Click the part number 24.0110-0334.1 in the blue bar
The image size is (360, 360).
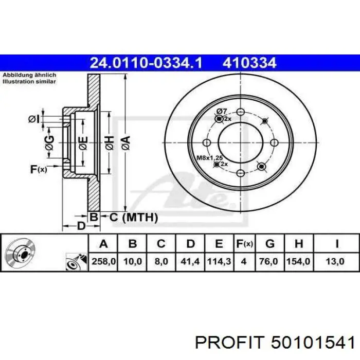click(146, 63)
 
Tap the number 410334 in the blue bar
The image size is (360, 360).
click(249, 63)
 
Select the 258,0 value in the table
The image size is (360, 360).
click(103, 261)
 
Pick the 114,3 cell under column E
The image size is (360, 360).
click(219, 261)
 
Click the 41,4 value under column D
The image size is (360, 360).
click(190, 261)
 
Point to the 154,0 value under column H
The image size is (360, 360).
click(298, 261)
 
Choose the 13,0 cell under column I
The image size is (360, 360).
click(335, 261)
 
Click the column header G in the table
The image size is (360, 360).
click(270, 243)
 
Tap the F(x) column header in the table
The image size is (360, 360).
click(244, 243)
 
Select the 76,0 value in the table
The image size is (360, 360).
click(268, 261)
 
